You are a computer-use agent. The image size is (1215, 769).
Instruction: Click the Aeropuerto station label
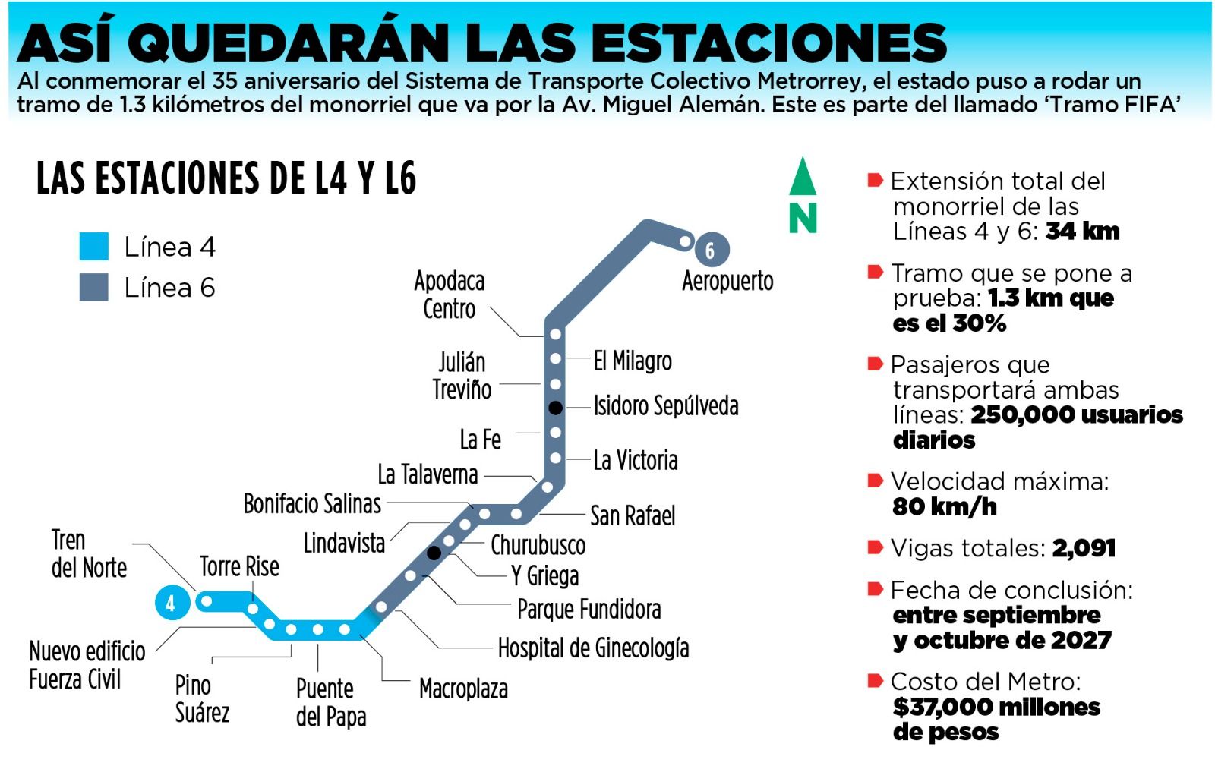pyautogui.click(x=727, y=281)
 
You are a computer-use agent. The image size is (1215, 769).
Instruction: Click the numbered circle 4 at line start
pyautogui.click(x=172, y=604)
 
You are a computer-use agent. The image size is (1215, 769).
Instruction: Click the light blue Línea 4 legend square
pyautogui.click(x=94, y=247)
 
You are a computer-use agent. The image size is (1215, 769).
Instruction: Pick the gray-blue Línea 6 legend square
pyautogui.click(x=94, y=288)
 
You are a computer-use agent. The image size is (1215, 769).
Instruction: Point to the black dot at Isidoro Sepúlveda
pyautogui.click(x=556, y=408)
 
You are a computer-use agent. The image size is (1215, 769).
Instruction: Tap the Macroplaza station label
pyautogui.click(x=463, y=689)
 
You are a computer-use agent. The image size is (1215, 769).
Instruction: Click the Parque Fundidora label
pyautogui.click(x=589, y=609)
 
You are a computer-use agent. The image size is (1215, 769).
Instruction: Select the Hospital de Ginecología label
pyautogui.click(x=593, y=648)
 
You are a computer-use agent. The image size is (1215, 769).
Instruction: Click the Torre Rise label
pyautogui.click(x=239, y=566)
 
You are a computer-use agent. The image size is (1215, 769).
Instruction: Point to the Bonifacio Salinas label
pyautogui.click(x=312, y=503)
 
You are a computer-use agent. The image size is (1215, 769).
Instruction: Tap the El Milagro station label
pyautogui.click(x=633, y=361)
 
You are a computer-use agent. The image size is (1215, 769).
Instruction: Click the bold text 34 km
pyautogui.click(x=1082, y=232)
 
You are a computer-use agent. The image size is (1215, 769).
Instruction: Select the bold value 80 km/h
pyautogui.click(x=945, y=506)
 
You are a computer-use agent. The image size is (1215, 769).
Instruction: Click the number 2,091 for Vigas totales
pyautogui.click(x=1084, y=548)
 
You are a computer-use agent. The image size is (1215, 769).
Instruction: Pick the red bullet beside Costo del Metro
pyautogui.click(x=875, y=680)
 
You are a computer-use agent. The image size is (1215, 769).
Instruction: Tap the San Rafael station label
pyautogui.click(x=633, y=516)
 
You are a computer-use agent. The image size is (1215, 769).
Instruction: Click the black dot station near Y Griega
pyautogui.click(x=434, y=553)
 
